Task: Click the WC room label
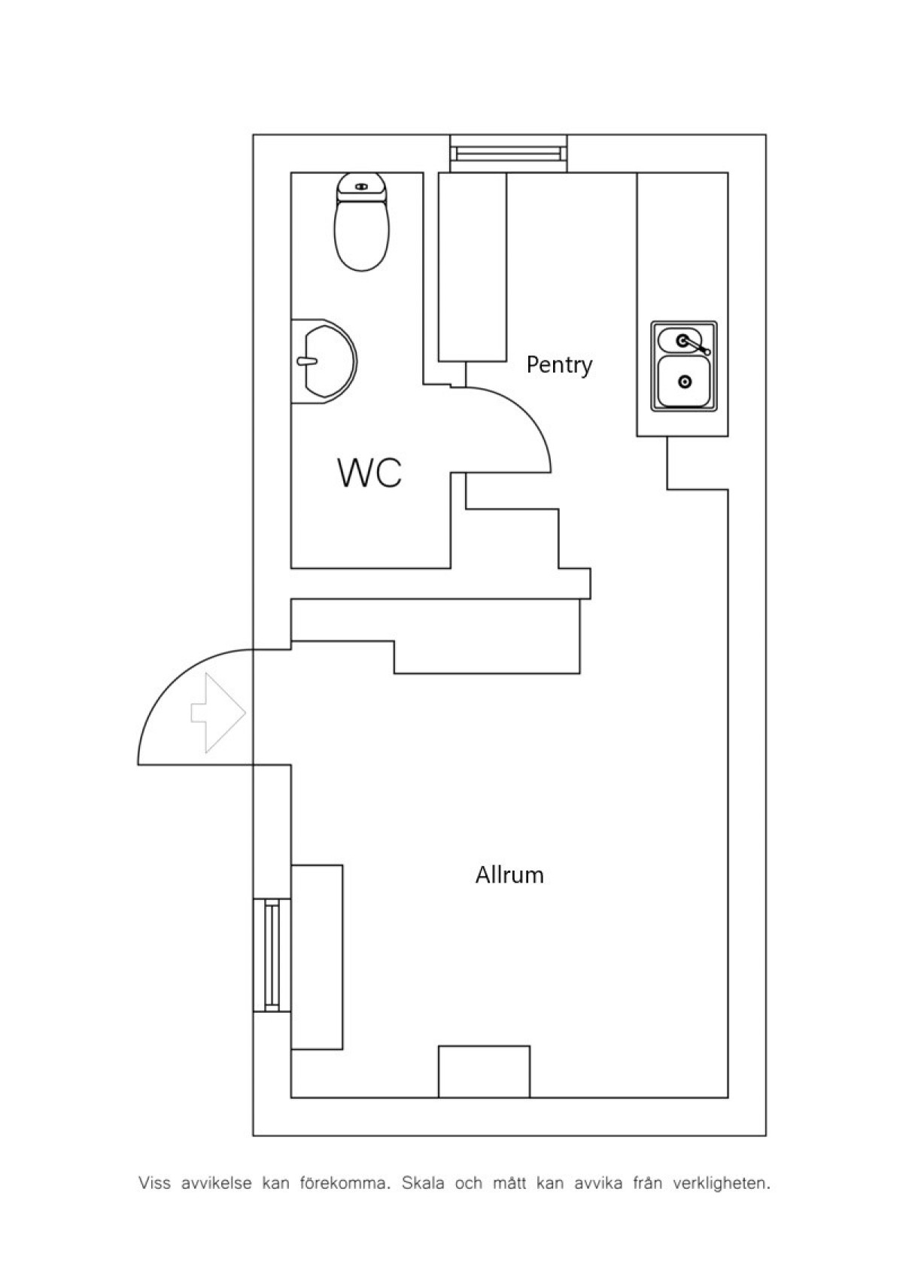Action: tap(369, 472)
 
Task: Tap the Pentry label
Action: tap(559, 365)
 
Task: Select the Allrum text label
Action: tap(509, 874)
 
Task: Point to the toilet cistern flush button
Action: tap(362, 187)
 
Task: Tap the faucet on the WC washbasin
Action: tap(306, 360)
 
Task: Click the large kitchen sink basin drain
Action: tap(686, 382)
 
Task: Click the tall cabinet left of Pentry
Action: tap(472, 267)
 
